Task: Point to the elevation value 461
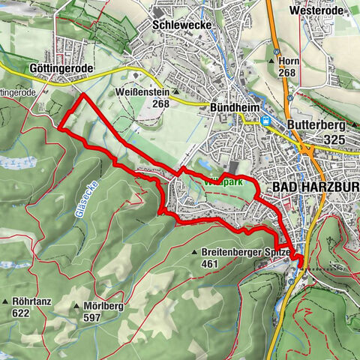pyautogui.click(x=212, y=264)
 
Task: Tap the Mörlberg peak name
pyautogui.click(x=103, y=307)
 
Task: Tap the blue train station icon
pyautogui.click(x=264, y=121)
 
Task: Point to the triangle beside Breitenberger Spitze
pyautogui.click(x=194, y=253)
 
